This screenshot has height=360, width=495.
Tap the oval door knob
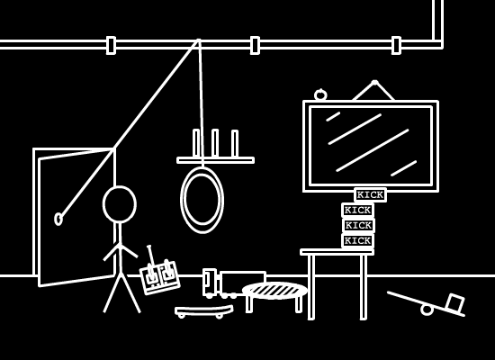point(58,220)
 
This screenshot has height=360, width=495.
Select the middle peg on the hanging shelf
point(215,143)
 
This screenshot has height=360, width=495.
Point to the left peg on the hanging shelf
point(196,143)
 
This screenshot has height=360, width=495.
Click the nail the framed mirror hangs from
point(374,83)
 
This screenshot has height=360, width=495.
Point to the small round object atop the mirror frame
point(320,94)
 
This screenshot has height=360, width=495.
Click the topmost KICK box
point(370,195)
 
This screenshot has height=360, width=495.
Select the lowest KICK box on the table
point(357,241)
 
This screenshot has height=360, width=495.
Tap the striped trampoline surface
point(274,290)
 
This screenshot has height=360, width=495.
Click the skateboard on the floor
point(204,311)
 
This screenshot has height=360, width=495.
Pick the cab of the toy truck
point(210,283)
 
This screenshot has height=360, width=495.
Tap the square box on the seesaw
point(454,303)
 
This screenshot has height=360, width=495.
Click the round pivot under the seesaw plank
point(427,310)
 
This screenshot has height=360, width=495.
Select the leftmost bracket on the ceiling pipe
point(111,46)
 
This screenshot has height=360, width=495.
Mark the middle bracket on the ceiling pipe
point(255,46)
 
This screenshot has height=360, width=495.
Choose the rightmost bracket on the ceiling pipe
point(396,46)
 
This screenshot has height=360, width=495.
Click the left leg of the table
point(311,287)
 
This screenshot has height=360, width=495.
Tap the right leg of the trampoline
point(298,304)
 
